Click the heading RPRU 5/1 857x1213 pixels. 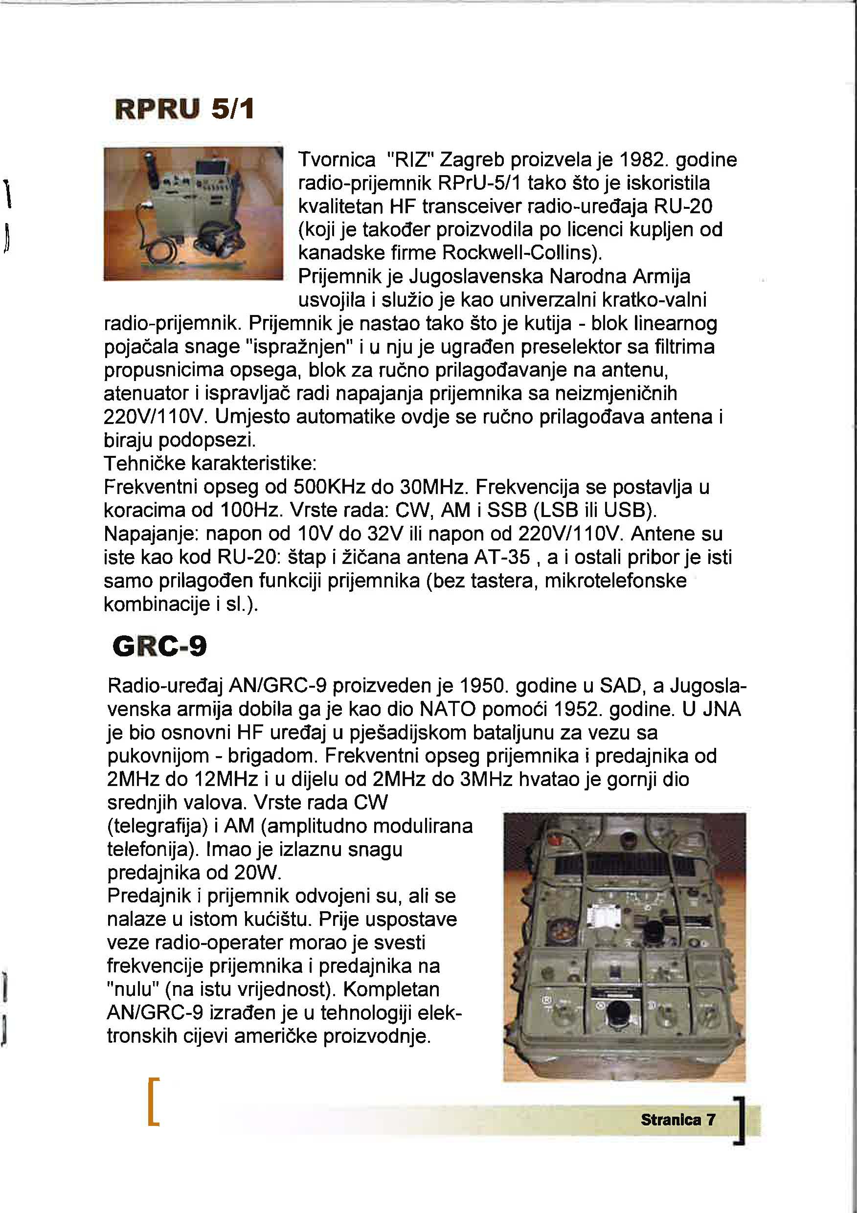184,110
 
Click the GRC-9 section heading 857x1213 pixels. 159,646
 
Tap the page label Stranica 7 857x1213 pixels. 678,1119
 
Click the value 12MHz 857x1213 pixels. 226,779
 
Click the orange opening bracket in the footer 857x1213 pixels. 154,1102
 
